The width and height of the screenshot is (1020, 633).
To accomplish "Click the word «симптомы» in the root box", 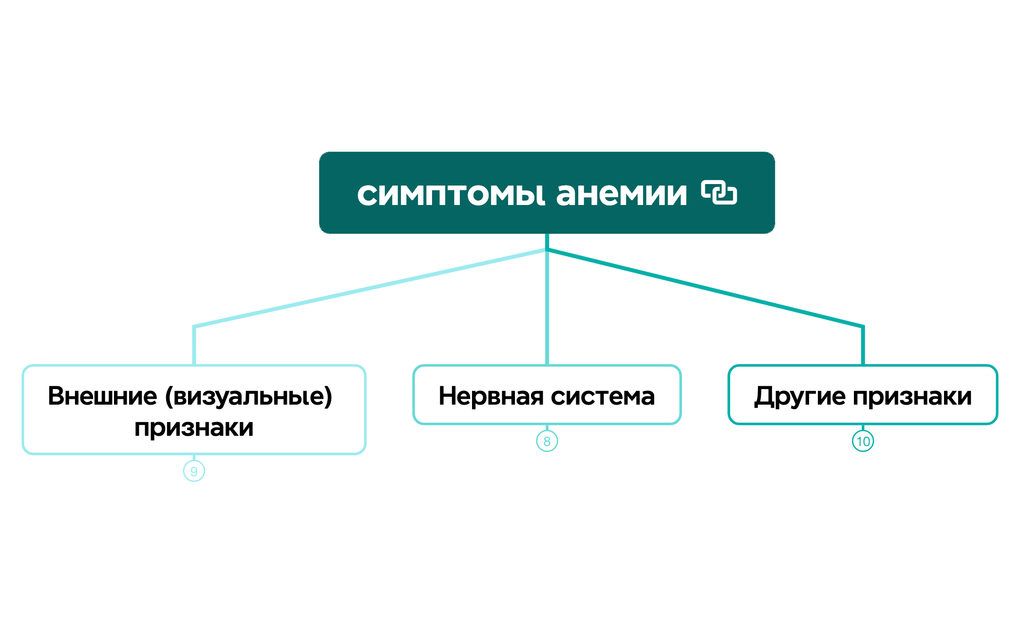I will (x=451, y=195).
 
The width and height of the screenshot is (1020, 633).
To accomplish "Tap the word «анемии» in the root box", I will (x=622, y=195).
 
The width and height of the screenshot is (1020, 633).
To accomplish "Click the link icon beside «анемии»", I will (x=719, y=192).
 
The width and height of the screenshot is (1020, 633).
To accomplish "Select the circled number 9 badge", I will (x=194, y=471).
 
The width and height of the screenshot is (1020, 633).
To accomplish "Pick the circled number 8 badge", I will (x=547, y=441).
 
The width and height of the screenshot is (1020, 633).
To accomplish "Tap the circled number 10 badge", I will (x=863, y=441).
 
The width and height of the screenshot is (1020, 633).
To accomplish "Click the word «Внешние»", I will (x=102, y=396).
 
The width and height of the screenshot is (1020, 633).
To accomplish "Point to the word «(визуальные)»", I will (x=248, y=396).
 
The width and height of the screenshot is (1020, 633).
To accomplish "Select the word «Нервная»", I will (x=491, y=396).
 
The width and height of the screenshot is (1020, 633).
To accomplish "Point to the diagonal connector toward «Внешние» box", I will (x=370, y=288).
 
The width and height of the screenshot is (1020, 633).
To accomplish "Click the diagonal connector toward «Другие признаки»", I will (x=705, y=288).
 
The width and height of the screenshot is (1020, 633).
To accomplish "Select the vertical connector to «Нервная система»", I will (x=547, y=307).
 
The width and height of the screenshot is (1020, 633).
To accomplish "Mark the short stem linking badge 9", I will (x=194, y=458).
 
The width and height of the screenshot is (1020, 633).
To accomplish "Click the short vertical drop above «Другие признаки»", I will (x=863, y=346).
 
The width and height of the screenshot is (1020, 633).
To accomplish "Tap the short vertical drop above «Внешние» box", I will (x=194, y=346).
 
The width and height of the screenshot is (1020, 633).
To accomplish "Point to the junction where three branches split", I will (x=547, y=250).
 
